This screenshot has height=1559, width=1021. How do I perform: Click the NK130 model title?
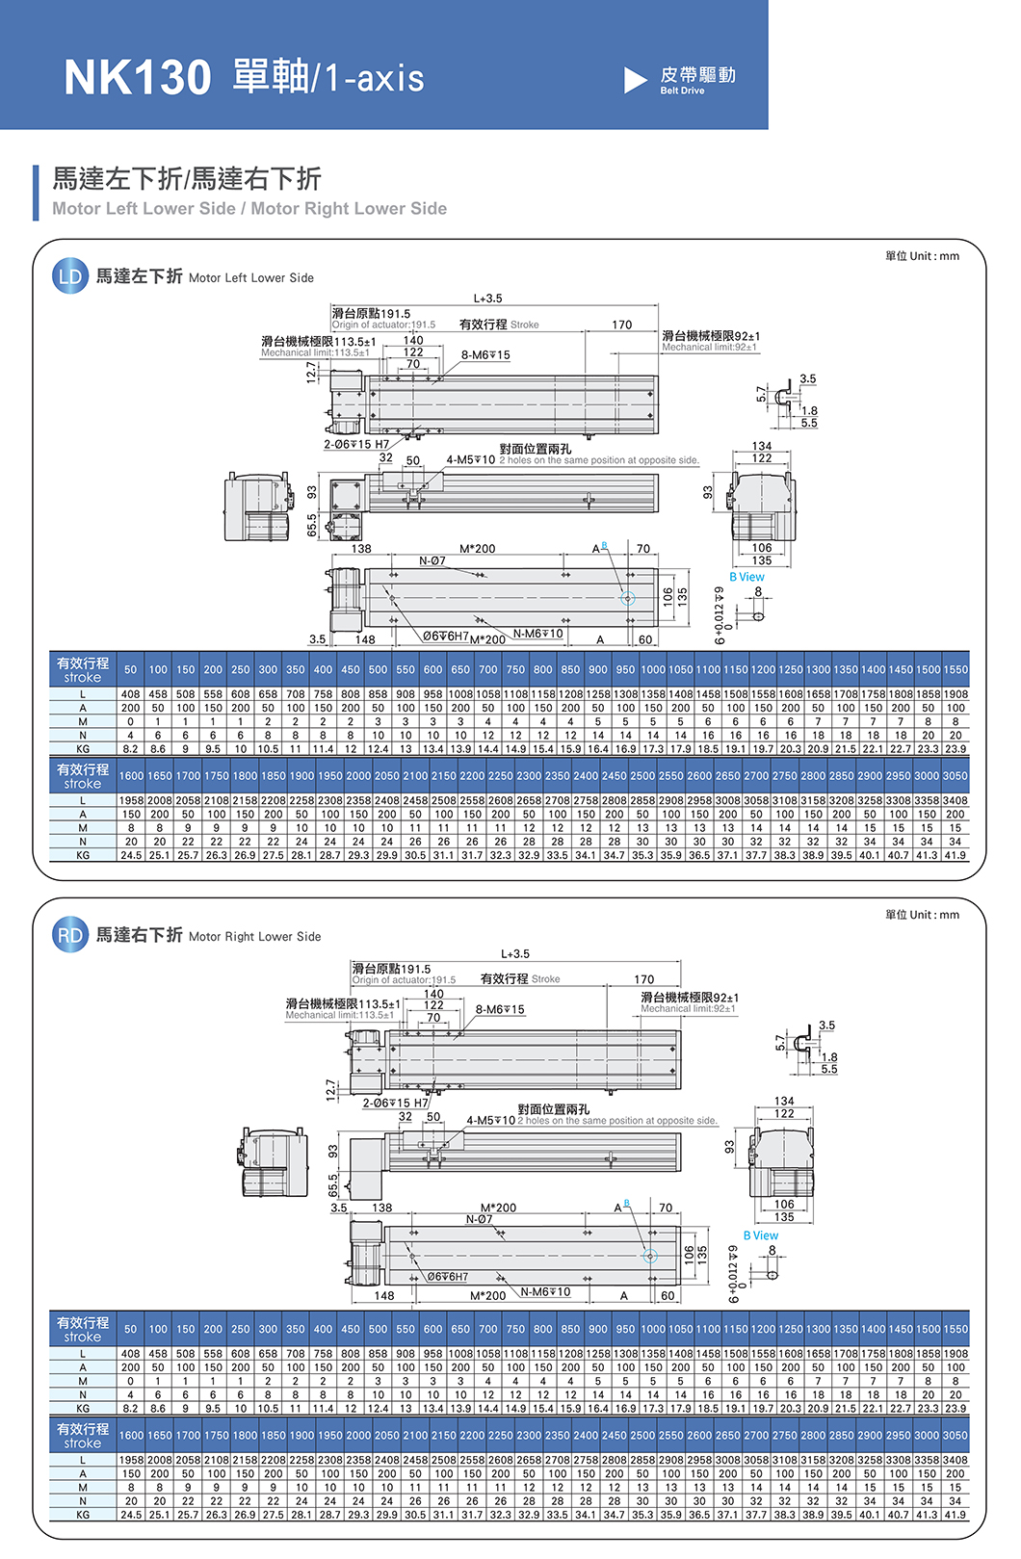tap(137, 77)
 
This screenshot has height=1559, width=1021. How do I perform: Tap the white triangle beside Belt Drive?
tap(635, 80)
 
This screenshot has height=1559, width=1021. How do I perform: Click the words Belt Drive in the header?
tap(682, 91)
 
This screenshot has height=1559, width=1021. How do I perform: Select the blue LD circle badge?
tap(70, 277)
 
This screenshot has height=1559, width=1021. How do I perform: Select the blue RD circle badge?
tap(70, 935)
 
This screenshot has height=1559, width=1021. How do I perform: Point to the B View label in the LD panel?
tap(746, 577)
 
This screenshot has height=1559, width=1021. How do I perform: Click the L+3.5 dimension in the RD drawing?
tap(515, 954)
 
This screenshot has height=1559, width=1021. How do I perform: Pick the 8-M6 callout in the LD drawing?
tap(485, 355)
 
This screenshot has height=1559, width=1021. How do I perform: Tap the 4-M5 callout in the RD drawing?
tap(491, 1120)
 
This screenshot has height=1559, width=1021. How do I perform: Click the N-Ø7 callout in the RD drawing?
tap(480, 1219)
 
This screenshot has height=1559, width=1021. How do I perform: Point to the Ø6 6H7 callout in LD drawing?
tap(446, 637)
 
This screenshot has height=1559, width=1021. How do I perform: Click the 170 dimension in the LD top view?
tap(622, 325)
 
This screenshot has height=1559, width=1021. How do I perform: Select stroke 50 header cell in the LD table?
tap(131, 669)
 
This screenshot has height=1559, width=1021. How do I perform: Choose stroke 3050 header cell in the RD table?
tap(955, 1435)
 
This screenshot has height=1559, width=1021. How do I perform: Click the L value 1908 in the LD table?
tap(956, 694)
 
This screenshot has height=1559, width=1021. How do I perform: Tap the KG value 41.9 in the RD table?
tap(955, 1515)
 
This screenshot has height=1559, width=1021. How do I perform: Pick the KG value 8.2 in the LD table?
tap(131, 749)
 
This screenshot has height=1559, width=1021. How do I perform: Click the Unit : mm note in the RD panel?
tap(922, 915)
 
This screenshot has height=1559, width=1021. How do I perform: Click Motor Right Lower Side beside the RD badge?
tap(254, 936)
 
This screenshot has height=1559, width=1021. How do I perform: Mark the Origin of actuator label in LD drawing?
tap(383, 325)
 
